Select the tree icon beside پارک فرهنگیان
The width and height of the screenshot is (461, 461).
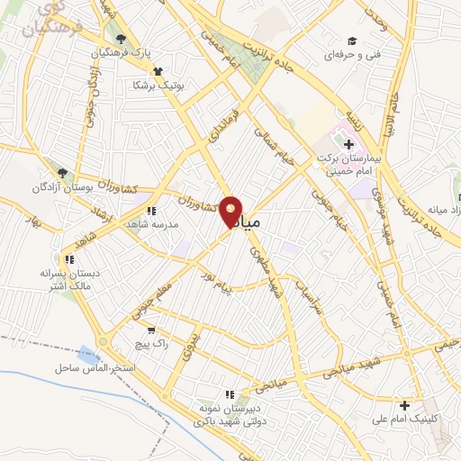click(x=122, y=39)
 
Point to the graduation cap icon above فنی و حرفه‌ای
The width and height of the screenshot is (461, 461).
click(x=353, y=41)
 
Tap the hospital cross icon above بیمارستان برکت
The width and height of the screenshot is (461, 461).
click(x=348, y=144)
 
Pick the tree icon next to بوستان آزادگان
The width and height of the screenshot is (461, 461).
click(x=62, y=171)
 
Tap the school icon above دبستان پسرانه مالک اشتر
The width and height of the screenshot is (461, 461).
click(x=68, y=259)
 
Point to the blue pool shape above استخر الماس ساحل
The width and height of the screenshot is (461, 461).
click(x=88, y=355)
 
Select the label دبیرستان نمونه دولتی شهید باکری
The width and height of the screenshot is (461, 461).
click(x=229, y=415)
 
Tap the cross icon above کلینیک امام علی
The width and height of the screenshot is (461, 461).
click(x=405, y=405)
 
